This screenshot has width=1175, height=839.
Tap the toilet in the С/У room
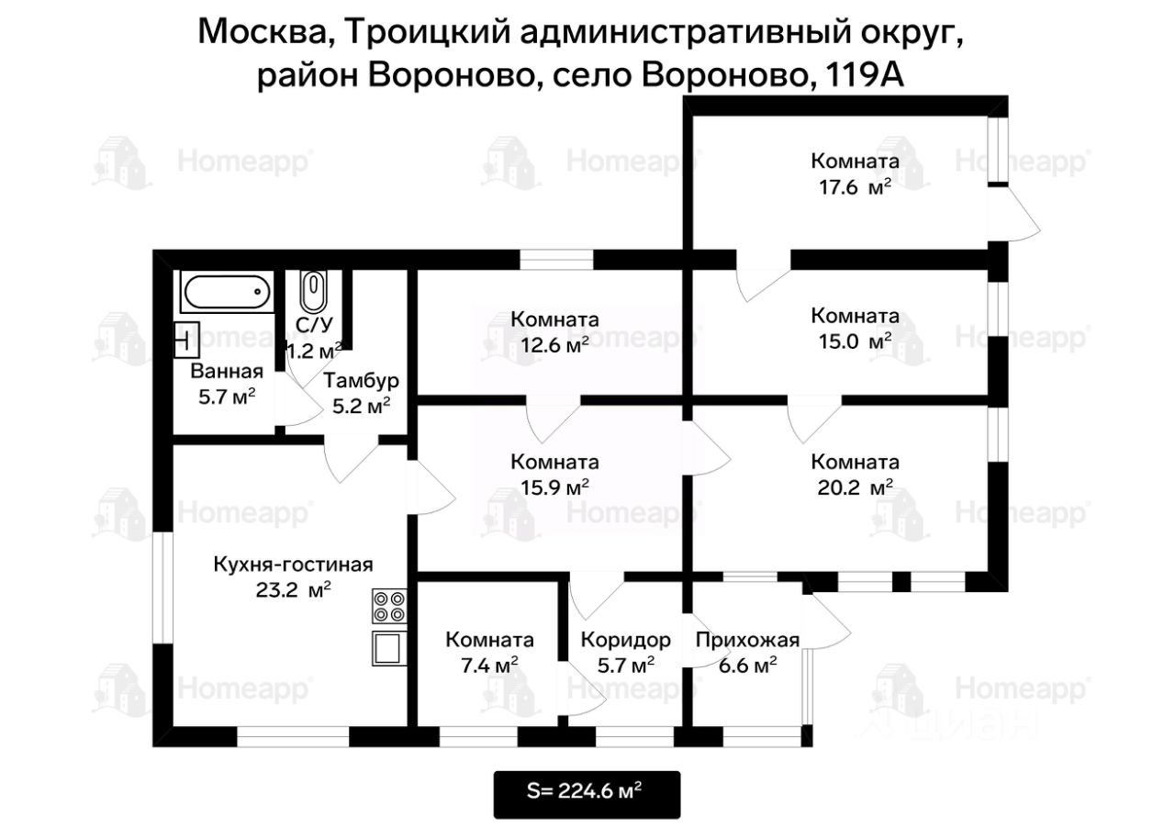point(313,292)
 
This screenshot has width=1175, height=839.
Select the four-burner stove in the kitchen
point(388,607)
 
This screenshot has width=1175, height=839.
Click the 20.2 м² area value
point(854,488)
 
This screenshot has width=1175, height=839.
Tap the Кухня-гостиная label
point(293,564)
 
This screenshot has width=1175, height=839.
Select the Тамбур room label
point(360,381)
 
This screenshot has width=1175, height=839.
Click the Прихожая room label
point(747,640)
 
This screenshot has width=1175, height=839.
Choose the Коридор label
point(625,640)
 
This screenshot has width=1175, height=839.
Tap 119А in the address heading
point(866,74)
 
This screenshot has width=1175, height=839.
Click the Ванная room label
point(227,372)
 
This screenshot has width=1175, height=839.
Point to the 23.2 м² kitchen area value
point(293,590)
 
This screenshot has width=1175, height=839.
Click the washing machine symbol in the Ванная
point(187,341)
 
